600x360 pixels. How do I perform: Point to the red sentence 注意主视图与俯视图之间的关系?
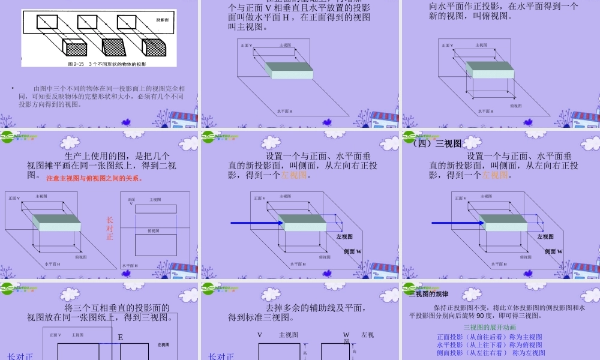pyautogui.click(x=94, y=178)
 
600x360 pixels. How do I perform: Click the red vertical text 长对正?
pyautogui.click(x=110, y=229)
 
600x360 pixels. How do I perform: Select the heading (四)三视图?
pyautogui.click(x=436, y=143)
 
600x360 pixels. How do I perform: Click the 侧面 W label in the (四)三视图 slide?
pyautogui.click(x=554, y=251)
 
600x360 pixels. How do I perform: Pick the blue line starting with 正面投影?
pyautogui.click(x=489, y=337)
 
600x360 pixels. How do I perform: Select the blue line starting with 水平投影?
pyautogui.click(x=489, y=345)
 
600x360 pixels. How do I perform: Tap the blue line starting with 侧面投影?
pyautogui.click(x=489, y=353)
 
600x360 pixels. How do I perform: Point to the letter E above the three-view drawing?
pyautogui.click(x=121, y=338)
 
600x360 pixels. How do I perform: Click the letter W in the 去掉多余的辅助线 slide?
pyautogui.click(x=346, y=335)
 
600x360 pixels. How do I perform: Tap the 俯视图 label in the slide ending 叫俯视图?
pyautogui.click(x=516, y=106)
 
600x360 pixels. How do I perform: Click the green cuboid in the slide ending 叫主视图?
pyautogui.click(x=291, y=70)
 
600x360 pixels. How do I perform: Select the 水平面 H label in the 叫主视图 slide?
pyautogui.click(x=285, y=111)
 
